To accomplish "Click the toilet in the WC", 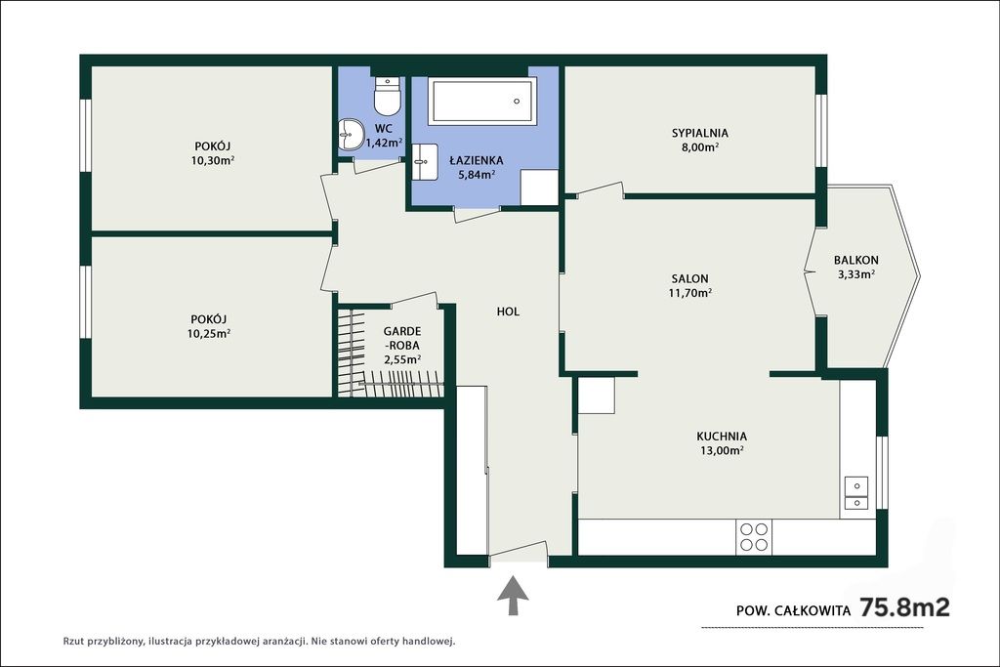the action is [387, 95].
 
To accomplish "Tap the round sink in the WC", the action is [350, 134].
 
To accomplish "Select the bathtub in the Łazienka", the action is [482, 101].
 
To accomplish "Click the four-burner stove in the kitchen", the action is [753, 536].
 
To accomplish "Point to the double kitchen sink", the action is [855, 493].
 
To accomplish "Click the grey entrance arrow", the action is [513, 596].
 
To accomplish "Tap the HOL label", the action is [508, 312].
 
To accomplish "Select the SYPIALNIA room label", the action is [699, 133].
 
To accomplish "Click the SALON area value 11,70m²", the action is [690, 293].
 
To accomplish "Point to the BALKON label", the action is [855, 260].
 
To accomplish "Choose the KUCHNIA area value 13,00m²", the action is [722, 450].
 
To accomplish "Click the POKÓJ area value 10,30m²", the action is [212, 160].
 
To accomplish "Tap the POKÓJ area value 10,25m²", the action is [209, 333].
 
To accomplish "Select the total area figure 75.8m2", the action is [905, 607].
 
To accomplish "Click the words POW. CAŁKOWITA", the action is [793, 610].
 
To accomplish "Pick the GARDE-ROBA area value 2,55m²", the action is [401, 359].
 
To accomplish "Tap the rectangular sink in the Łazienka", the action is [424, 162].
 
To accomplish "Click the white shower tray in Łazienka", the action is [539, 188].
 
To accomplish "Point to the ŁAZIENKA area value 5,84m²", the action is [477, 174].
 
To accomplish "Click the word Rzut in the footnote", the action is [74, 641].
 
